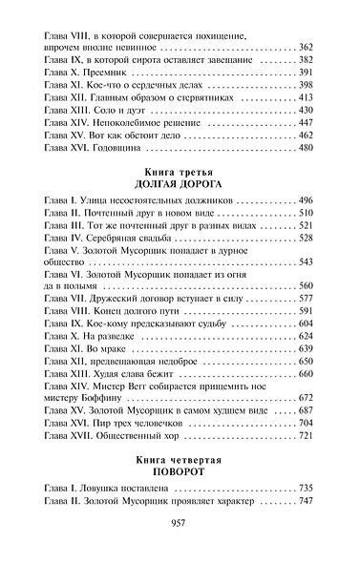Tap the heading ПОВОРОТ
[x=180, y=471]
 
